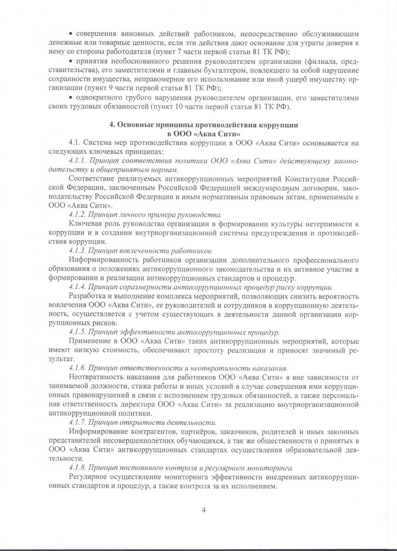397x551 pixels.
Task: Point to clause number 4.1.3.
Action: tap(77, 251)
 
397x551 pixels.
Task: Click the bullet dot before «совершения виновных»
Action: tap(71, 35)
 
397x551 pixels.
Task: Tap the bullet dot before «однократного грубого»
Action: tap(71, 98)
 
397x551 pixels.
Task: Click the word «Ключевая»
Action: tap(84, 224)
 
